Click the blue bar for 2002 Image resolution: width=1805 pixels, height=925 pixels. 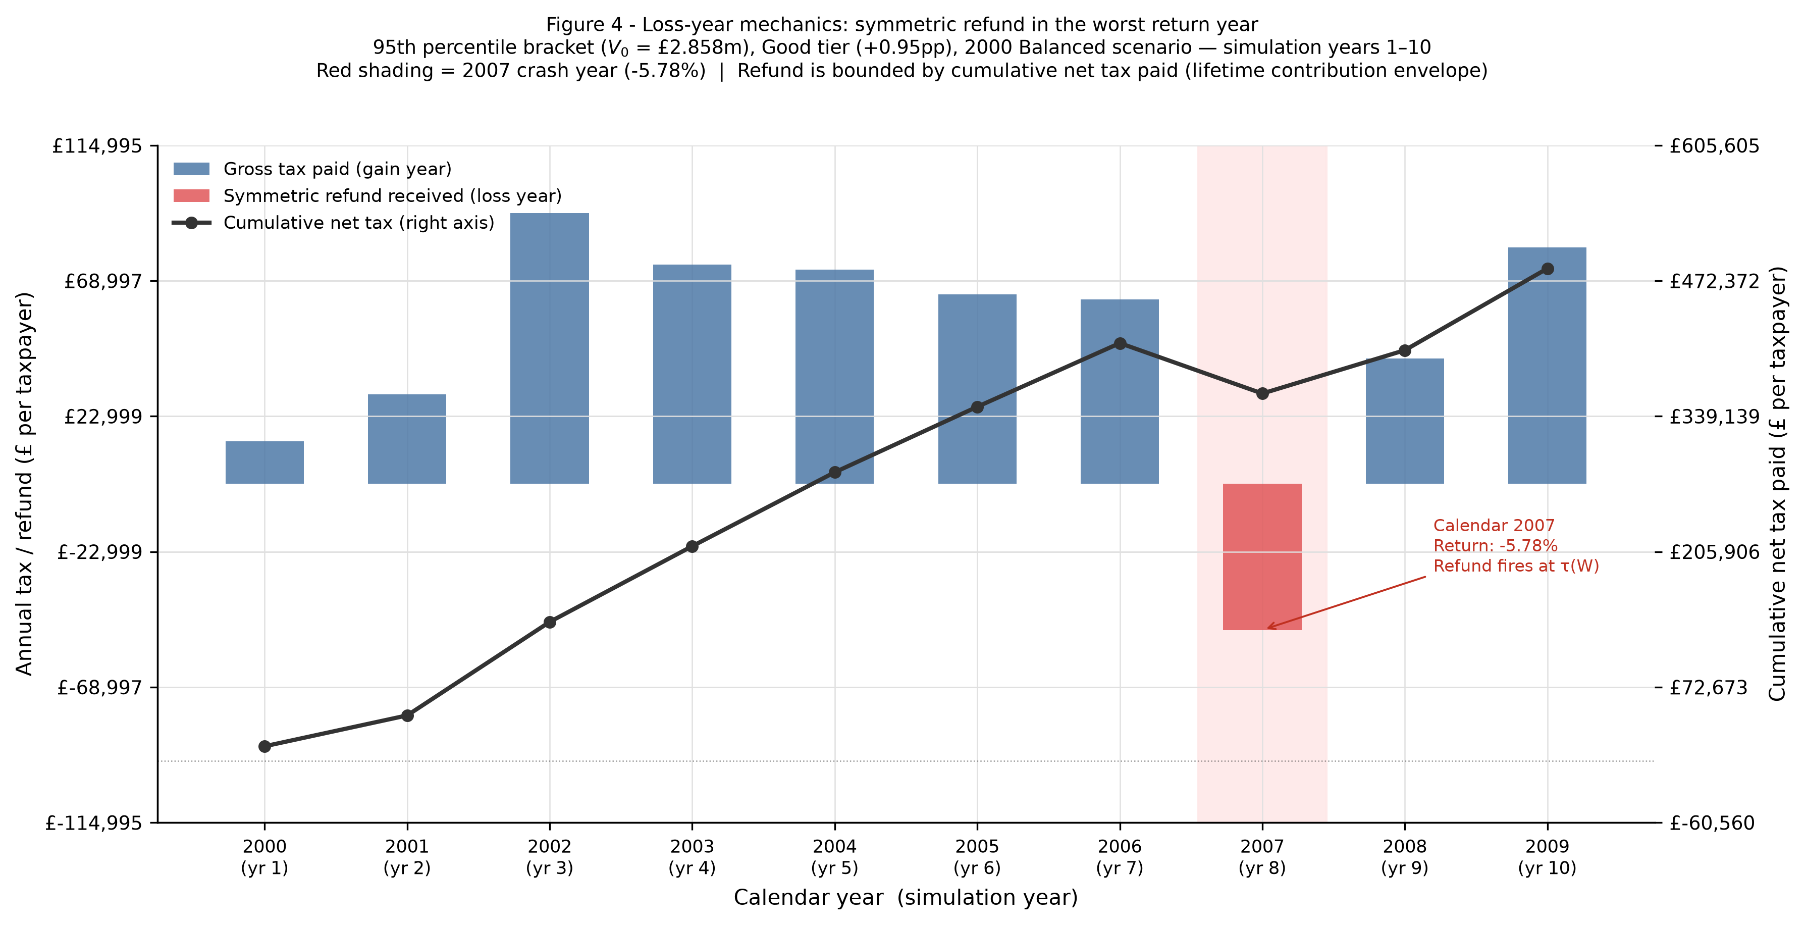point(549,348)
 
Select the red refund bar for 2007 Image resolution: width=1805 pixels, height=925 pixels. point(1262,556)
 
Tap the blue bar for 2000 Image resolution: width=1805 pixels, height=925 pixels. point(264,462)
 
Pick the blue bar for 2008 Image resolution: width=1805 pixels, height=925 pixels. point(1404,421)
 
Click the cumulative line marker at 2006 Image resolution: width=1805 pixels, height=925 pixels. point(1120,343)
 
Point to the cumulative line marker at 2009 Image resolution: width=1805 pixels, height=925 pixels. point(1547,269)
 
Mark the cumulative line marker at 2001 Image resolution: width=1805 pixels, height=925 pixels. point(407,715)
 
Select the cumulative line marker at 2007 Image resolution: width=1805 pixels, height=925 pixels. point(1262,394)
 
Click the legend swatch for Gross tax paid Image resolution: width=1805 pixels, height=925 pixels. point(191,169)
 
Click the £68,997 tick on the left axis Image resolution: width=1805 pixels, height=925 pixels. point(102,281)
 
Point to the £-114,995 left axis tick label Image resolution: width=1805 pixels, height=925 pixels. point(93,823)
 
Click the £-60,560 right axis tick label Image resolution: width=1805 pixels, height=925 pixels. point(1712,823)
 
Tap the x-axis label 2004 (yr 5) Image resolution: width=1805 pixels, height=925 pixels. point(834,857)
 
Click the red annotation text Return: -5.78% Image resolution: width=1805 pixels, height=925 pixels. point(1495,546)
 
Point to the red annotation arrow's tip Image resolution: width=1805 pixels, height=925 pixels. point(1267,628)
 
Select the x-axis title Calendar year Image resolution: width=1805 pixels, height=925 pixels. point(808,898)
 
